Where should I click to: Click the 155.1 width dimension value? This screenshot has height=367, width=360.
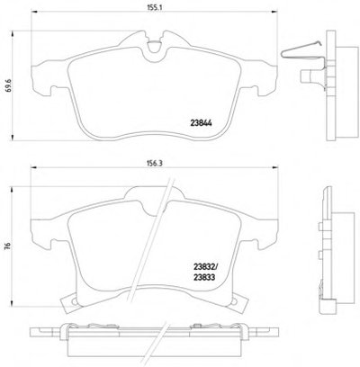point(155,9)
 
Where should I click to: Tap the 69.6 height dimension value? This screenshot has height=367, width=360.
point(9,85)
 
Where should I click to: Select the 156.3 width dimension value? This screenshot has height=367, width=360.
point(155,163)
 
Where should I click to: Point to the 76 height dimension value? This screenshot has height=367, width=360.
point(9,245)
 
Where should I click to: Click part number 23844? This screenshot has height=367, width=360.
point(201,123)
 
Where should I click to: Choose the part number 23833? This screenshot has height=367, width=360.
point(204,277)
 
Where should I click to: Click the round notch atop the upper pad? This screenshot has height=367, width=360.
point(155,46)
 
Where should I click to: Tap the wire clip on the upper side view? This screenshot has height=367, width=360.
point(303,51)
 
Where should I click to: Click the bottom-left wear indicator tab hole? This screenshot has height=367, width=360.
point(74,302)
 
